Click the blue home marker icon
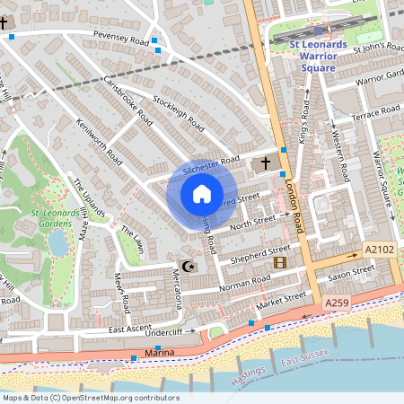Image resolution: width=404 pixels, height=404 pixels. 202,194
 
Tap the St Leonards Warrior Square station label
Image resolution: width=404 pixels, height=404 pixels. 320,55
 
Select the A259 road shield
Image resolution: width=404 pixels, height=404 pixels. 337,304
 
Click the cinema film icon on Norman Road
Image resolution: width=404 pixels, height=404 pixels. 280,262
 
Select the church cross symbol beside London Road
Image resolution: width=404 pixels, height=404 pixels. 265,164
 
